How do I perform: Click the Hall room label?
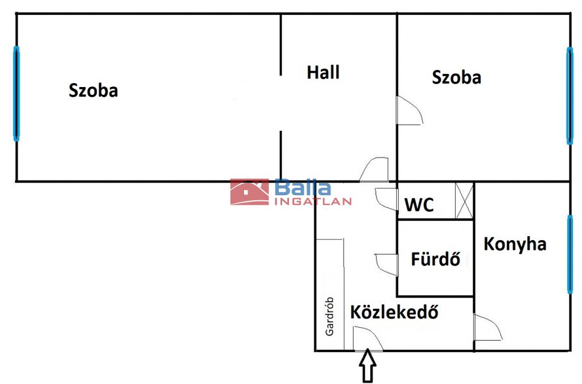pyautogui.click(x=323, y=72)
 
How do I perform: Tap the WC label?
pyautogui.click(x=419, y=204)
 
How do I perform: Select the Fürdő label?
pyautogui.click(x=436, y=258)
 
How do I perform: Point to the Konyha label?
pyautogui.click(x=515, y=245)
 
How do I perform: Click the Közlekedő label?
pyautogui.click(x=394, y=312)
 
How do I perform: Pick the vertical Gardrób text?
pyautogui.click(x=329, y=316)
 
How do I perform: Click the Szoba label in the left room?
pyautogui.click(x=93, y=90)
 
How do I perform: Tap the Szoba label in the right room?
pyautogui.click(x=456, y=77)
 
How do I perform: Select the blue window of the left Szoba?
pyautogui.click(x=16, y=93)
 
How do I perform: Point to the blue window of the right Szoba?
pyautogui.click(x=569, y=96)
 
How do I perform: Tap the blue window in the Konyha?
pyautogui.click(x=570, y=254)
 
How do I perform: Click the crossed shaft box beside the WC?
pyautogui.click(x=464, y=201)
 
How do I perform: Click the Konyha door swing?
pyautogui.click(x=488, y=328)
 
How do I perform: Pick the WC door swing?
pyautogui.click(x=387, y=199)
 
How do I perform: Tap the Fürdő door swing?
pyautogui.click(x=387, y=265)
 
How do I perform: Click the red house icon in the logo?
pyautogui.click(x=249, y=192)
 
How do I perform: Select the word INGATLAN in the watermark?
pyautogui.click(x=313, y=201)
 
